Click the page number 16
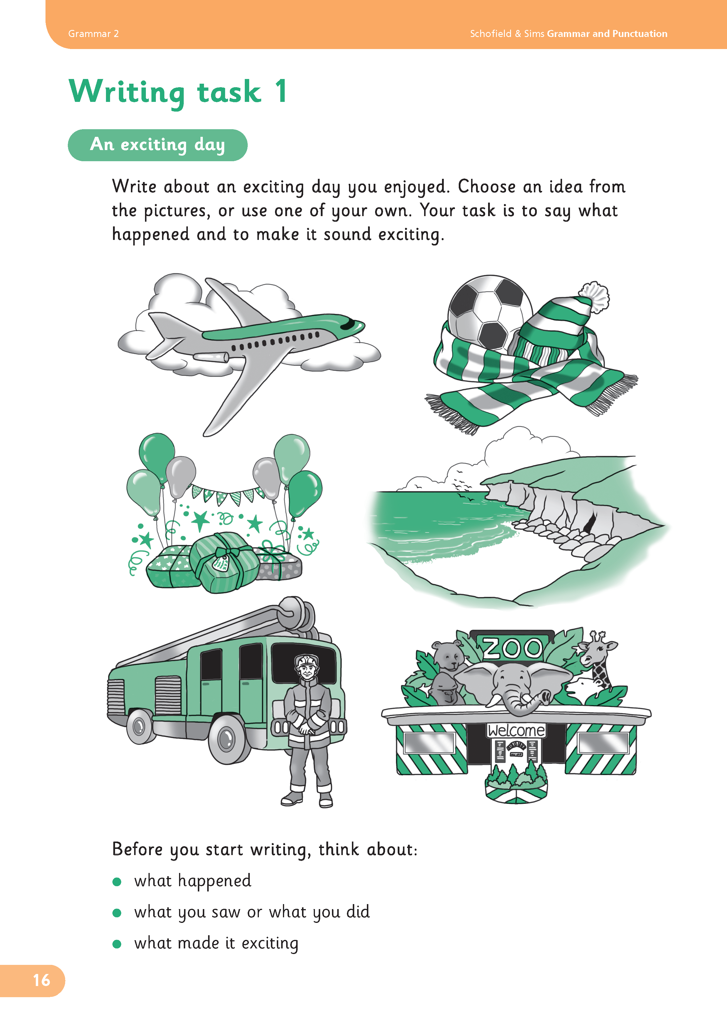pos(42,980)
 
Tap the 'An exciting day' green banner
pos(158,145)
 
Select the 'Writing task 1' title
pos(178,92)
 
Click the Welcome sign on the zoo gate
pos(516,730)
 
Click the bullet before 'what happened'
pos(117,881)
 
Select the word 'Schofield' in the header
pos(490,33)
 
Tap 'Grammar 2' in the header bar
pos(94,33)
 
